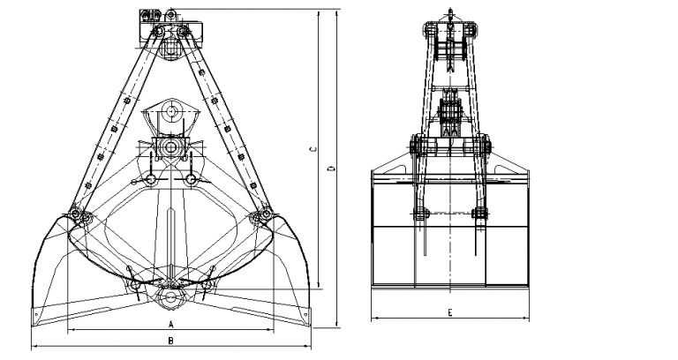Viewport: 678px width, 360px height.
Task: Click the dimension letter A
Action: pos(170,324)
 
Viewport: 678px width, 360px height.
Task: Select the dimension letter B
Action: pos(170,341)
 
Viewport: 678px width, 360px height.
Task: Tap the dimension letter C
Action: pos(313,149)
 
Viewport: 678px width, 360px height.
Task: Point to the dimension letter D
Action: pos(333,168)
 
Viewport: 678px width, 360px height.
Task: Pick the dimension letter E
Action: pos(450,312)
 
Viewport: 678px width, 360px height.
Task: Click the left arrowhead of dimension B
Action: pos(34,346)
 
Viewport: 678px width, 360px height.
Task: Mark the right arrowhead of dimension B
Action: pos(307,346)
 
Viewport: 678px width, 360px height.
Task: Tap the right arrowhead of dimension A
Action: pos(270,330)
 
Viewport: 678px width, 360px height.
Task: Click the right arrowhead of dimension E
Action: pos(525,319)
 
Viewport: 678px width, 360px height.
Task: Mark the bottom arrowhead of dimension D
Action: pos(337,324)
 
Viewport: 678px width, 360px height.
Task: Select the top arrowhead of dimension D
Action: pos(337,13)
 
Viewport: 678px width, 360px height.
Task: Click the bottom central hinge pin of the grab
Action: pos(170,296)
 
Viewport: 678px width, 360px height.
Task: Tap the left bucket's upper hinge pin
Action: pos(76,214)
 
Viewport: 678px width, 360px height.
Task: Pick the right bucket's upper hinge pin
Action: pos(264,214)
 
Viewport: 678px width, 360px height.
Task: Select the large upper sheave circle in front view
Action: pos(171,111)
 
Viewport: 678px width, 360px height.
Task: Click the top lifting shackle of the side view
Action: pos(450,14)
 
